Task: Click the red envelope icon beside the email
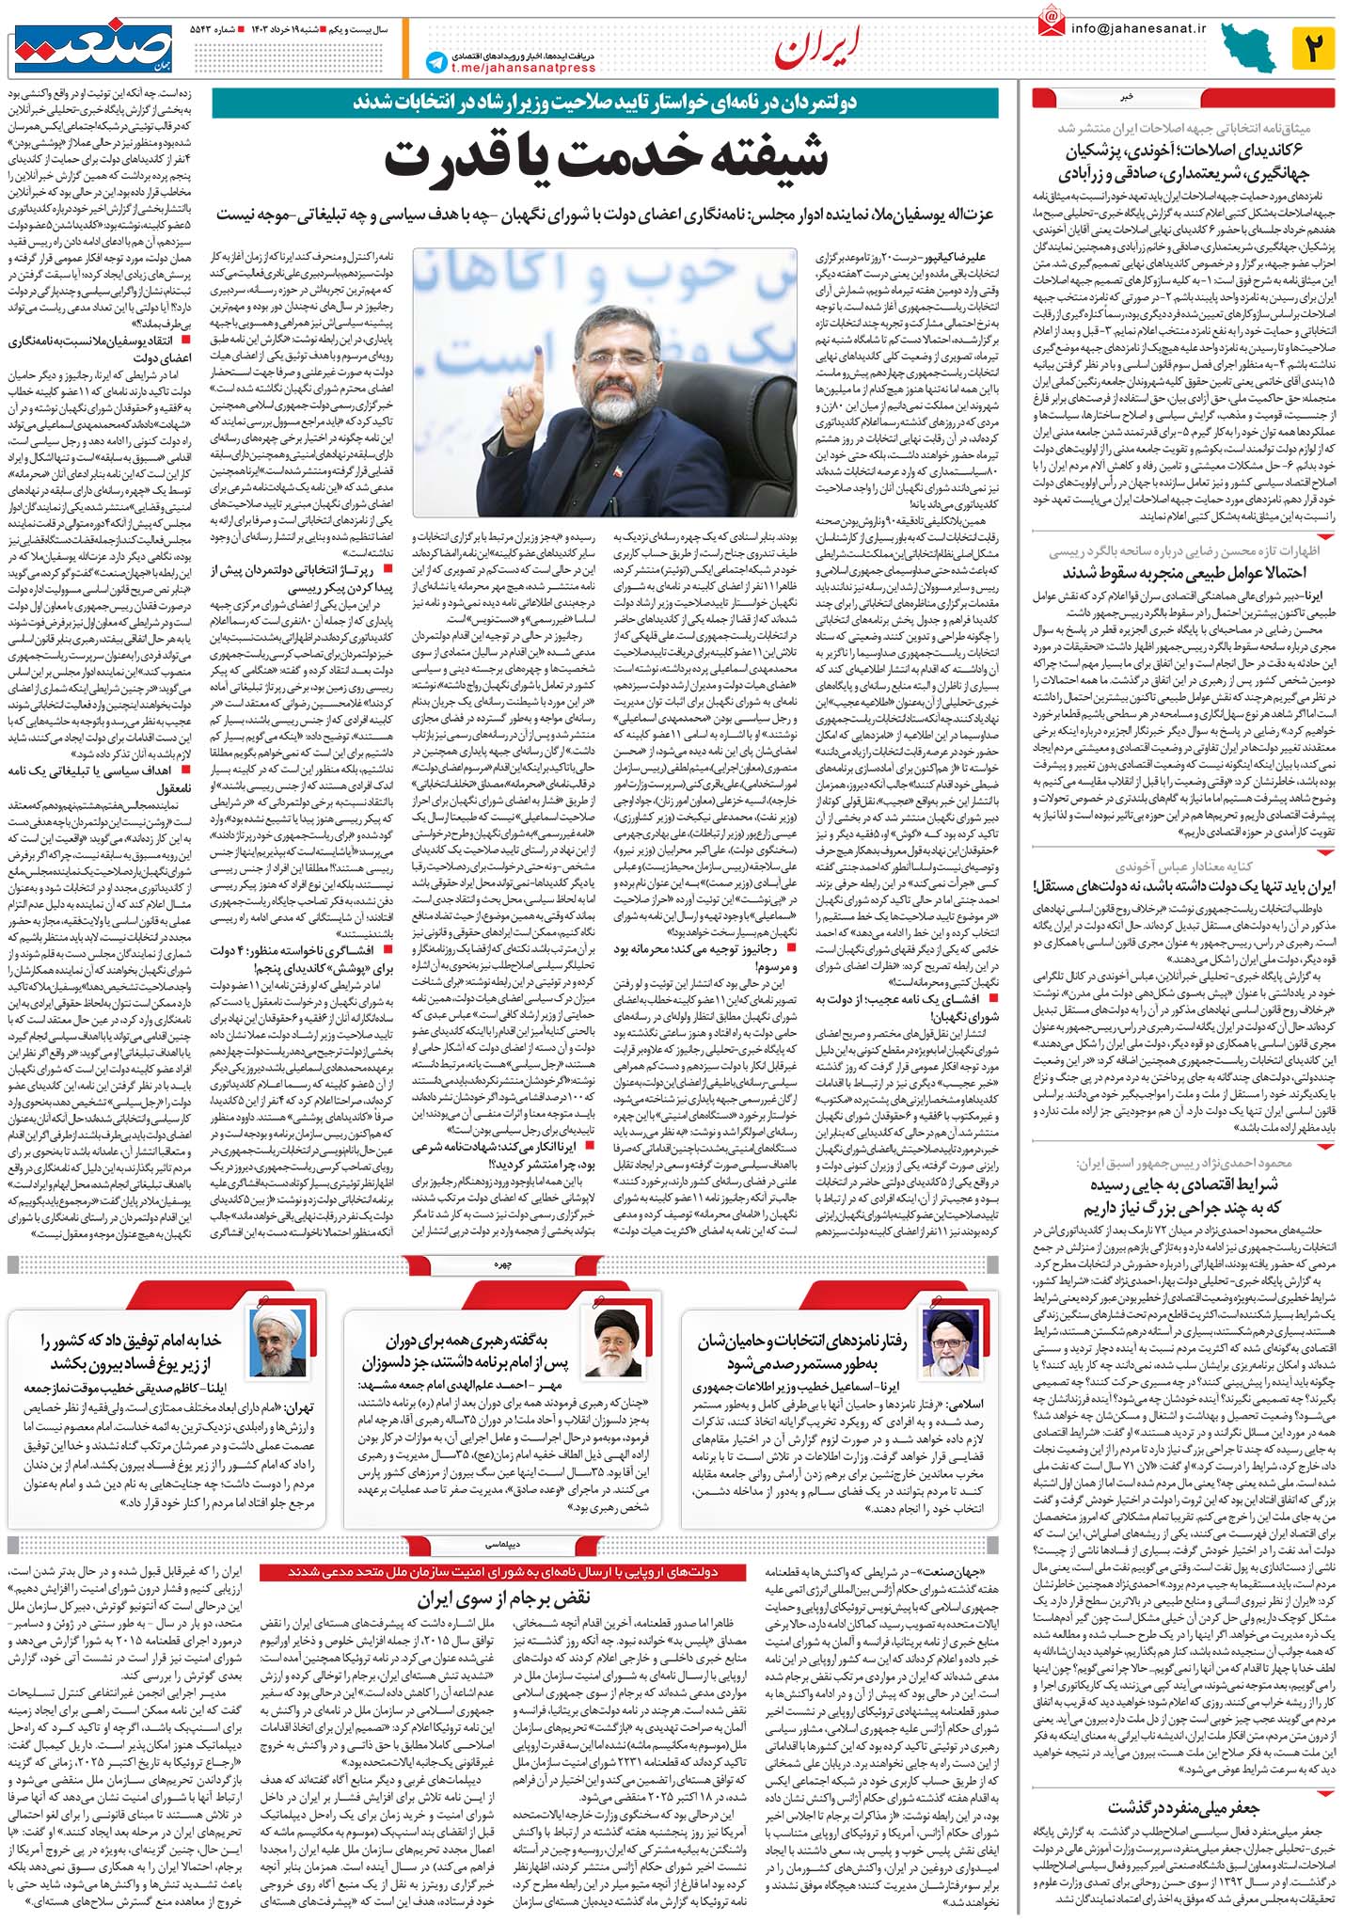pos(1051,22)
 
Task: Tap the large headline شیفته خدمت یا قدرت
pos(606,156)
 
